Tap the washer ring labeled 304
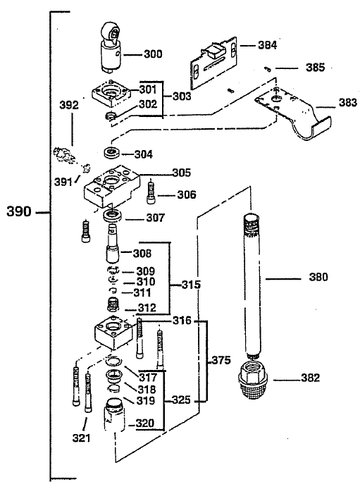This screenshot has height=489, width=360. (110, 152)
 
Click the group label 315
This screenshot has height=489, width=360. (190, 285)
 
